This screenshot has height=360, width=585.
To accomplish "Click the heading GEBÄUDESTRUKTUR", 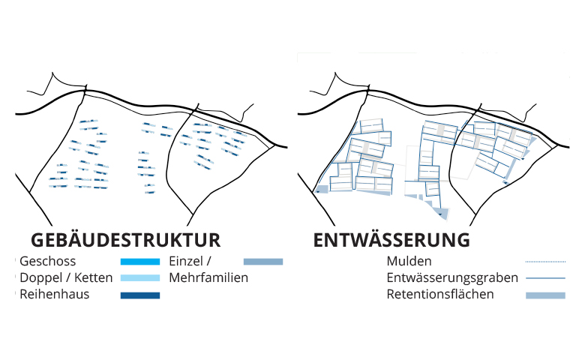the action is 126,240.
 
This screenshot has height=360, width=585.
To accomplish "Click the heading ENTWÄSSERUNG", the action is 391,240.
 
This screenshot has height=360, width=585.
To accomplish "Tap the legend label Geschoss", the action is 48,261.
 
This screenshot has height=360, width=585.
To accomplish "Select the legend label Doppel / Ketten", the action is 66,278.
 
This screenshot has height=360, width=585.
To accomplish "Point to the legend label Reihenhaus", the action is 55,294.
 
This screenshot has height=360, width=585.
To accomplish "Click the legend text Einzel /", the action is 190,261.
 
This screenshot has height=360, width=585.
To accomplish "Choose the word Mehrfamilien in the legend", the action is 208,278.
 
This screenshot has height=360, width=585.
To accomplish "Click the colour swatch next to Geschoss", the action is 140,262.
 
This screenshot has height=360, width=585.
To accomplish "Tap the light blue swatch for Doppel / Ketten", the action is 140,278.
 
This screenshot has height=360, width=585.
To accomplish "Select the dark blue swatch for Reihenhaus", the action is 140,295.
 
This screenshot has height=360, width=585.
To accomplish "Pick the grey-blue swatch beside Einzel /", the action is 263,262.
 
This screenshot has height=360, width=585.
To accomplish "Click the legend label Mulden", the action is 409,261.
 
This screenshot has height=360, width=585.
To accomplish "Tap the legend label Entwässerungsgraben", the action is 452,278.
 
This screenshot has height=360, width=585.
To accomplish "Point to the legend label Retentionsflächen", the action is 440,294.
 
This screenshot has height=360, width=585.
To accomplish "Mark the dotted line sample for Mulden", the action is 545,262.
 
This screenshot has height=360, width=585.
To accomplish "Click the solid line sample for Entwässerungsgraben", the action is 545,278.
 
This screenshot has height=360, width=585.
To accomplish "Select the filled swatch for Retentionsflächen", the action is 545,295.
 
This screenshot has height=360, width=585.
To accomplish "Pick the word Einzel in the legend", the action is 186,261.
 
